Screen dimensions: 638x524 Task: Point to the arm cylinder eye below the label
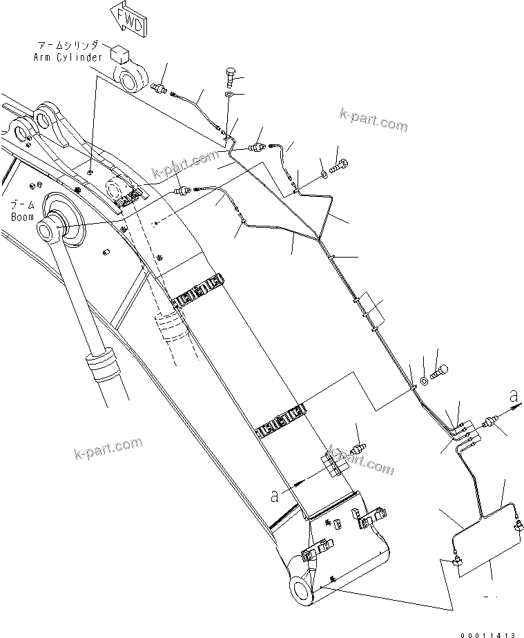(x=130, y=77)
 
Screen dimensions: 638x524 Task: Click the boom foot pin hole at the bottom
(x=302, y=590)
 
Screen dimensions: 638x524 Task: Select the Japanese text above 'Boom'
(x=22, y=205)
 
